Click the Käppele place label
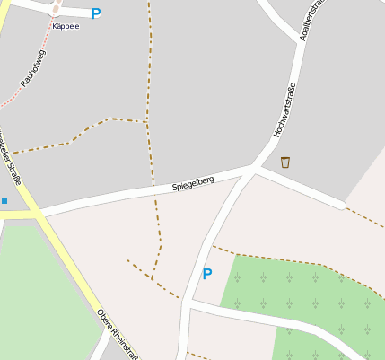pyautogui.click(x=66, y=26)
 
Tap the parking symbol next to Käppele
pyautogui.click(x=96, y=13)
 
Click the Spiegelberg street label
pyautogui.click(x=193, y=183)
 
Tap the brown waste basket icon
pyautogui.click(x=285, y=162)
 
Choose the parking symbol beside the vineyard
pyautogui.click(x=207, y=274)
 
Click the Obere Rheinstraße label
pyautogui.click(x=118, y=336)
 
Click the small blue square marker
pyautogui.click(x=4, y=201)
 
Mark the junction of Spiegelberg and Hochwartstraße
pyautogui.click(x=254, y=168)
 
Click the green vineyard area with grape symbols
pyautogui.click(x=296, y=296)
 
